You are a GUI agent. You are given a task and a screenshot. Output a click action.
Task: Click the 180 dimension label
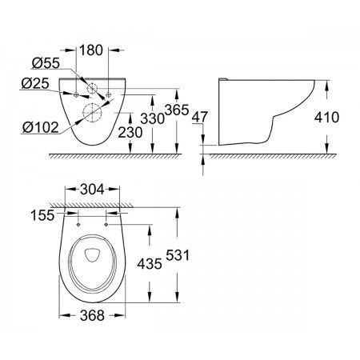(x=91, y=50)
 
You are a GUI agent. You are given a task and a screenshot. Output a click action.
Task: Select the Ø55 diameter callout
(x=46, y=63)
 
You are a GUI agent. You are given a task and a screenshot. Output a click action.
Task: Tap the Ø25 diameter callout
(x=35, y=84)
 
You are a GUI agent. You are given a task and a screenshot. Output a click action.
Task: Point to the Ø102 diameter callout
(x=40, y=127)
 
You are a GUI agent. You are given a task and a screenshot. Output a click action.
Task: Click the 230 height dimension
(x=130, y=133)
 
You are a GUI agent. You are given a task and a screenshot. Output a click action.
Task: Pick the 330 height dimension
(x=152, y=118)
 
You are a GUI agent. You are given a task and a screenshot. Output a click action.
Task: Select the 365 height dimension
(x=177, y=110)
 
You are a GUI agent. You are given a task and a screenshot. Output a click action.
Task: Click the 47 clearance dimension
(x=200, y=117)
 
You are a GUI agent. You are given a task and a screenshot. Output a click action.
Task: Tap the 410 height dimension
(x=326, y=118)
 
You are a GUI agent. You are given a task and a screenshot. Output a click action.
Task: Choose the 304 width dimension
(x=92, y=190)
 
